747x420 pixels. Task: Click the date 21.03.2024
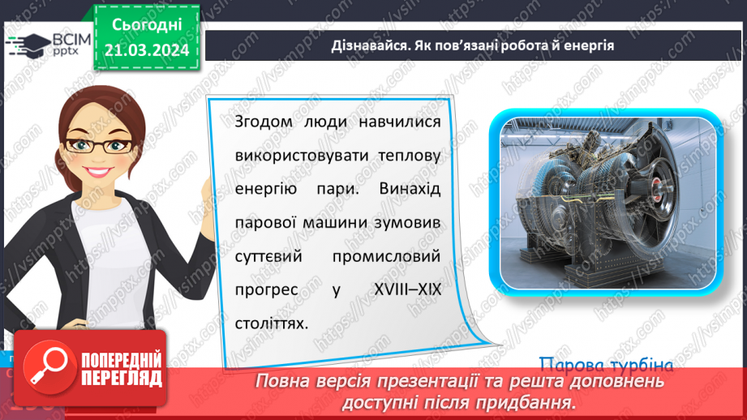[146, 50]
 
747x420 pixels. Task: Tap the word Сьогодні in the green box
[146, 25]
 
